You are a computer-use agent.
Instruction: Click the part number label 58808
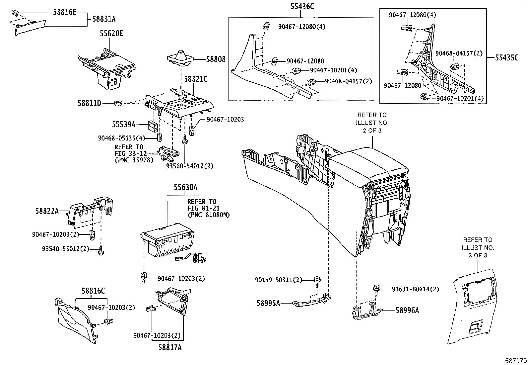[x=216, y=59]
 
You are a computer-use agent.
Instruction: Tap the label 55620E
[x=111, y=34]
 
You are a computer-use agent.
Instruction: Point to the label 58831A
[x=104, y=19]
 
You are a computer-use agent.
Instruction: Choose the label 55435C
[x=506, y=57]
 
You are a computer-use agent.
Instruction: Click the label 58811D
[x=89, y=103]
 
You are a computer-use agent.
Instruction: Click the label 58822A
[x=47, y=211]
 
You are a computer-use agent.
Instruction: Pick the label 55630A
[x=185, y=188]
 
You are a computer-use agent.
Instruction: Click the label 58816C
[x=93, y=291]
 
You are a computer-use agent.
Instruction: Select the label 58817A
[x=170, y=347]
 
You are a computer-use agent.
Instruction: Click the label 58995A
[x=268, y=303]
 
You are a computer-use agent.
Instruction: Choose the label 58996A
[x=407, y=310]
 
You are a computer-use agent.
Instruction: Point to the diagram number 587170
[x=516, y=360]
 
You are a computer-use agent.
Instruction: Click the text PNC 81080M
[x=208, y=215]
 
